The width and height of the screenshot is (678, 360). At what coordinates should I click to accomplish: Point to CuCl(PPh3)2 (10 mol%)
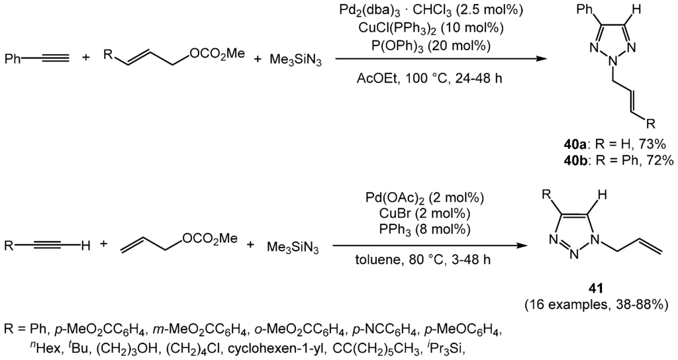pos(440,28)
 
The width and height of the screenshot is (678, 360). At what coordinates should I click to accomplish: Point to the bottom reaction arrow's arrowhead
pos(524,245)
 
